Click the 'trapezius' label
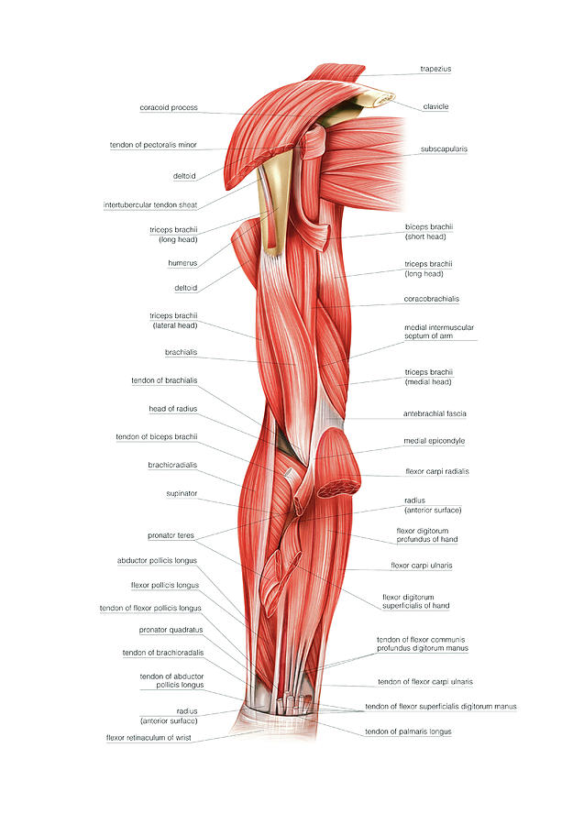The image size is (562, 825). pos(435,69)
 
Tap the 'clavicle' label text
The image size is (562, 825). pos(435,107)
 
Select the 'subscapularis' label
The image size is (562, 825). pos(444,148)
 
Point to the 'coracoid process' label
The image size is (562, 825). pos(169,107)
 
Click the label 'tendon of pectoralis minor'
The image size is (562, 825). pos(153,145)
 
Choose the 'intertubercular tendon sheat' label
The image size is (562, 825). pos(150,204)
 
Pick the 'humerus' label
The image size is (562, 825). pos(182,263)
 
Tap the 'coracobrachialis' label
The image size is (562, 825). pos(432,299)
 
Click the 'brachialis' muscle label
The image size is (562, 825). pos(181,352)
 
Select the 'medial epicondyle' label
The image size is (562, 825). pos(435,441)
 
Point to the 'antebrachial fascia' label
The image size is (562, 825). pos(435,413)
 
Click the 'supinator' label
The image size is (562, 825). pos(182,493)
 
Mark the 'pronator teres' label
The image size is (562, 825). pos(171,535)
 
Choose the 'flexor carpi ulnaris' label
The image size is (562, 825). pos(422,566)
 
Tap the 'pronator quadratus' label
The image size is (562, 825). pos(171,630)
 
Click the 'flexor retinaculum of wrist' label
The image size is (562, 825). pos(149,738)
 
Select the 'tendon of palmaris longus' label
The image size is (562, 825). pos(408,731)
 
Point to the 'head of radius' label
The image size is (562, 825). pos(172,409)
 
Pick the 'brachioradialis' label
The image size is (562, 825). pos(172,465)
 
